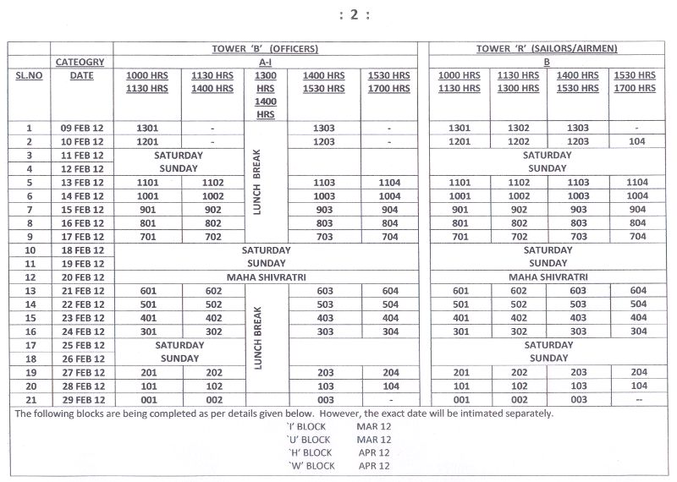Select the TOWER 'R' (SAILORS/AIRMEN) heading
[547, 49]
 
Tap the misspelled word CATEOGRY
[80, 62]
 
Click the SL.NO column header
[29, 75]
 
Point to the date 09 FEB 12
[81, 129]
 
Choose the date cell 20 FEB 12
[81, 277]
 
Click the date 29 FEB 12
[81, 399]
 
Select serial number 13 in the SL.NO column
[29, 291]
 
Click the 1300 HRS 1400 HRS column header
[265, 95]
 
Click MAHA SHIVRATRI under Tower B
[265, 277]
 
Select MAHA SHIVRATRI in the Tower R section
[547, 277]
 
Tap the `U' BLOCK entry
[309, 440]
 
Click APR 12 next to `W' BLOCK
[373, 466]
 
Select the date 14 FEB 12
[81, 196]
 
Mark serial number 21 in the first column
[29, 399]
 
